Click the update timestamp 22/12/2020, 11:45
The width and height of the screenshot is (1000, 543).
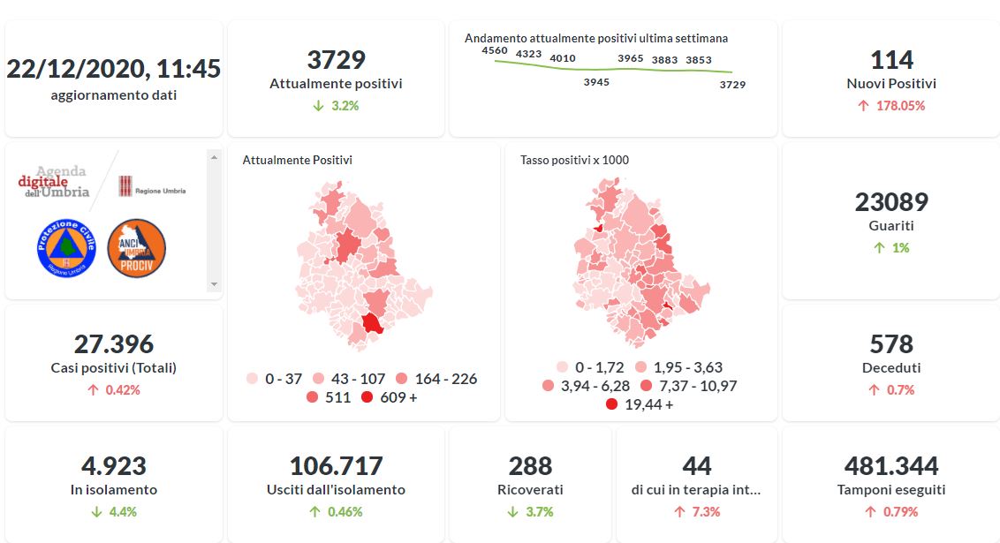click(x=114, y=69)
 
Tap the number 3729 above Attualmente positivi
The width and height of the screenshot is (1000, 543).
click(x=336, y=60)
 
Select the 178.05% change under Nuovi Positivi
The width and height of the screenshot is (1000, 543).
click(x=891, y=106)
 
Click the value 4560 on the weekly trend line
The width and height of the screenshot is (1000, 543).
click(x=495, y=50)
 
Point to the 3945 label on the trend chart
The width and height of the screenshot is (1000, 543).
click(x=596, y=82)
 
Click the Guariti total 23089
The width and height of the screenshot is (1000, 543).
click(x=891, y=202)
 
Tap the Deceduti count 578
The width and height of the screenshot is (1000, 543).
click(x=891, y=343)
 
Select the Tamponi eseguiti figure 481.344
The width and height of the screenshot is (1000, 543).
click(x=891, y=466)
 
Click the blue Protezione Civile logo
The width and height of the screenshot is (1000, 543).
click(x=65, y=248)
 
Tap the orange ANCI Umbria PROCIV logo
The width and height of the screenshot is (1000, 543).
click(x=136, y=248)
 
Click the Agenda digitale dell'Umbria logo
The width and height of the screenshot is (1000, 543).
click(x=54, y=181)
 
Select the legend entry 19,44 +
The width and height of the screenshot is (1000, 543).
click(x=640, y=404)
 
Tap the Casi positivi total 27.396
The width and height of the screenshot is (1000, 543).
click(x=114, y=343)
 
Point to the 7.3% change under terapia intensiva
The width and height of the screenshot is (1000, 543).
click(x=697, y=512)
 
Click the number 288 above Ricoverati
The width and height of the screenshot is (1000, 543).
click(x=530, y=466)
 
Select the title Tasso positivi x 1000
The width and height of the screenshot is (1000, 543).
click(x=574, y=160)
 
